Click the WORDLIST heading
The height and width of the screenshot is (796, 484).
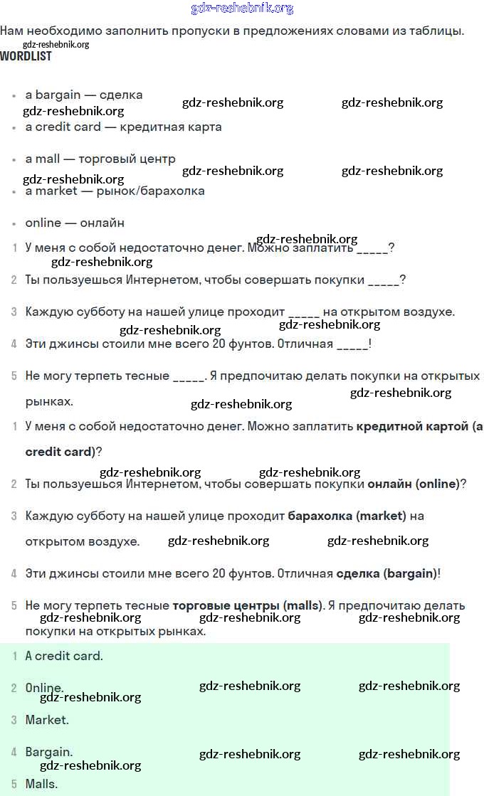26,56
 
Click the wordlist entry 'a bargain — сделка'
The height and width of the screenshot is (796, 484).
84,95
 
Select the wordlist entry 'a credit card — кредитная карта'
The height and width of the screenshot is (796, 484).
123,127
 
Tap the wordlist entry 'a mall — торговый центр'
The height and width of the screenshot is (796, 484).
100,159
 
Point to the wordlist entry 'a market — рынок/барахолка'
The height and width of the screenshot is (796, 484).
115,191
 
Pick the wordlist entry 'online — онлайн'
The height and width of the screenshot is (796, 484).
75,223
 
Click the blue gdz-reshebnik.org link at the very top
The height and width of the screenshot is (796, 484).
242,9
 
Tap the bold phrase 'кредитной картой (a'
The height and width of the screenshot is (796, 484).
419,426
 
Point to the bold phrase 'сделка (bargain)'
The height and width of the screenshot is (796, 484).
385,573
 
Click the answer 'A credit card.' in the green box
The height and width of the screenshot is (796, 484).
64,656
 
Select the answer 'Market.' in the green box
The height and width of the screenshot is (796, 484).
47,720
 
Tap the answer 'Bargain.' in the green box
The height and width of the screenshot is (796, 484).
49,752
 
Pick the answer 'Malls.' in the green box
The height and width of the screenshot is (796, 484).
41,784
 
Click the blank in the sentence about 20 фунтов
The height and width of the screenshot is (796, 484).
352,345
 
